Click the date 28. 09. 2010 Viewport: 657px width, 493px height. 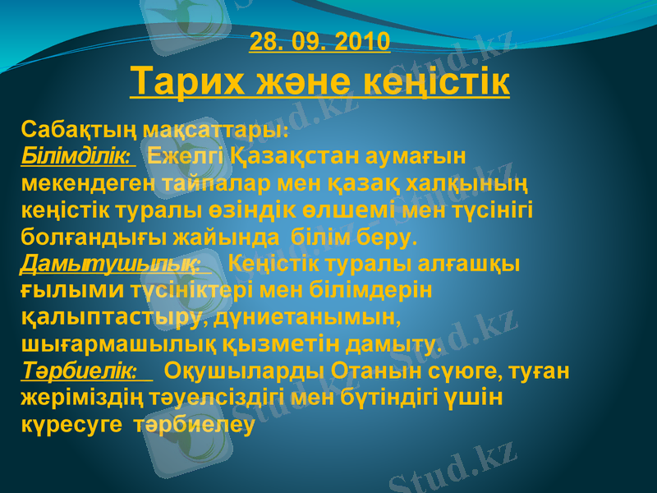[319, 41]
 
